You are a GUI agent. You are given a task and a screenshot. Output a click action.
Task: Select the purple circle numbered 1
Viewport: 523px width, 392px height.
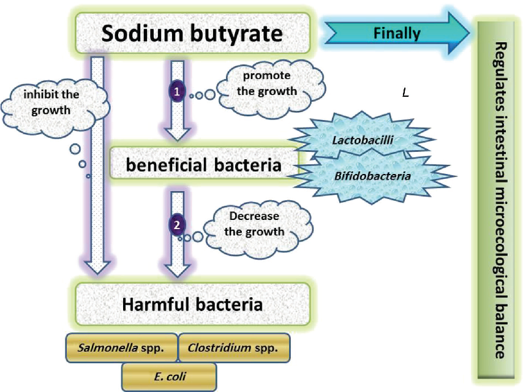(177, 91)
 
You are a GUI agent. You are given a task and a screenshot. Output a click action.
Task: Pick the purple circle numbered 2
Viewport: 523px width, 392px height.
(177, 225)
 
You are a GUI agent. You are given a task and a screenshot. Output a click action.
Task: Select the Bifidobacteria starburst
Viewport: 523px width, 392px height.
(372, 176)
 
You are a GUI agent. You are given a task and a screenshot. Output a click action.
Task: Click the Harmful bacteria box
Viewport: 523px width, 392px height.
(192, 304)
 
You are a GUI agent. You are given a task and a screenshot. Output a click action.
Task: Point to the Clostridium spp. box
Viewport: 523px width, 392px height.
(233, 348)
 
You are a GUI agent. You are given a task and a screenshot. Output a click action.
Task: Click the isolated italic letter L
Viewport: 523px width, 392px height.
(405, 93)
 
